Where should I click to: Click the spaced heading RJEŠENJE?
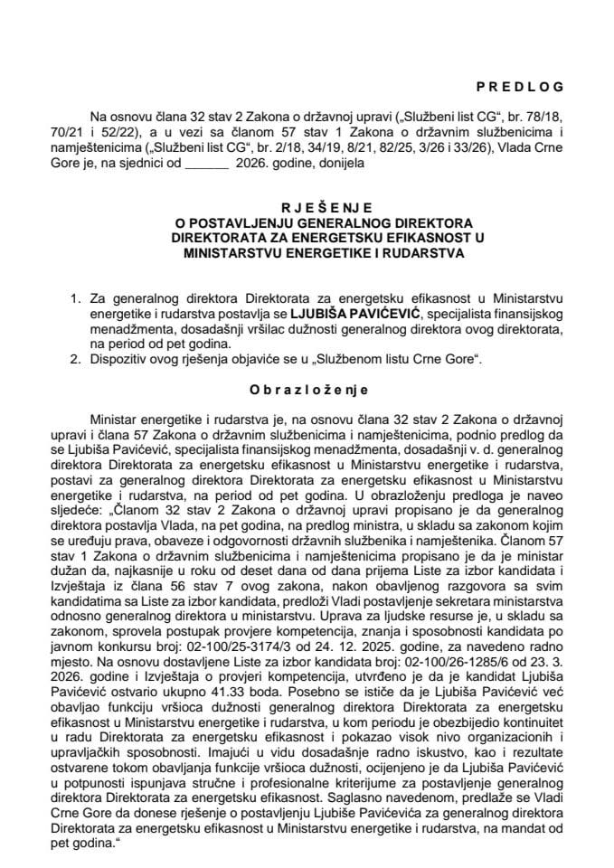[x=307, y=206]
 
